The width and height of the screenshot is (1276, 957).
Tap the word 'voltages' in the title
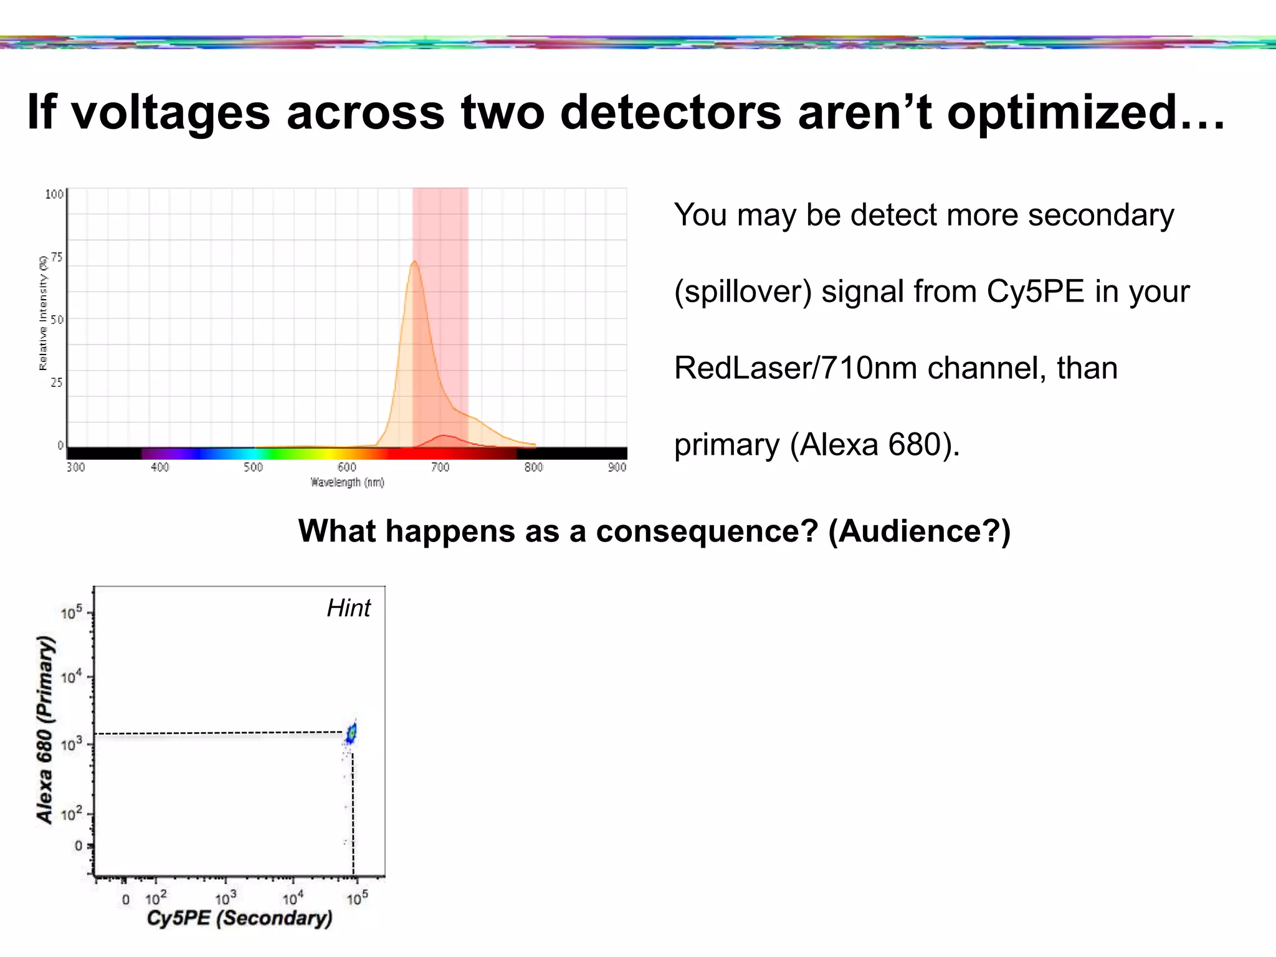[171, 113]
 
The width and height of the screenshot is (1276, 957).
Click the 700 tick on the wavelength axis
[440, 467]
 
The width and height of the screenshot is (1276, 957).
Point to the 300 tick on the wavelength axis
[75, 467]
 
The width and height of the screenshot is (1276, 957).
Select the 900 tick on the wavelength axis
[617, 467]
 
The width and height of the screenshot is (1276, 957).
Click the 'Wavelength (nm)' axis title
[347, 482]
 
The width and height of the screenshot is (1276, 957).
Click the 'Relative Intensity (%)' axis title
[43, 313]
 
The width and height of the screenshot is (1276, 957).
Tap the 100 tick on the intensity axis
[54, 194]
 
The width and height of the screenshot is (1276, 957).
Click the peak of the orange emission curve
[414, 262]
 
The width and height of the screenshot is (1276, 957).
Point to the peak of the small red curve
[444, 436]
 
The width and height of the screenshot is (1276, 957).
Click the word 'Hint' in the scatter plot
[348, 608]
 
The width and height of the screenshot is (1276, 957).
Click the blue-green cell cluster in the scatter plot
[352, 733]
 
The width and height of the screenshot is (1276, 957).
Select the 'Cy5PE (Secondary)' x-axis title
[239, 918]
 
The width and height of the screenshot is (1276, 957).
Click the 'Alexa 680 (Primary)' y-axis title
[45, 729]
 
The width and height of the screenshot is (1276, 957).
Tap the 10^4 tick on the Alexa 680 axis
[71, 677]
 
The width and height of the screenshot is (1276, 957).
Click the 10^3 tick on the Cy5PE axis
[226, 898]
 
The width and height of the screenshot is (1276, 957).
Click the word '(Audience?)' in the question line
[919, 531]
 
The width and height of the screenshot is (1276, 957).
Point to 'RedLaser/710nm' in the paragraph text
[795, 368]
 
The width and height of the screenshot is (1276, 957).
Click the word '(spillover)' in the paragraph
[743, 292]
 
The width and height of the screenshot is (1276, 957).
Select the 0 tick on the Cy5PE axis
[125, 900]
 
